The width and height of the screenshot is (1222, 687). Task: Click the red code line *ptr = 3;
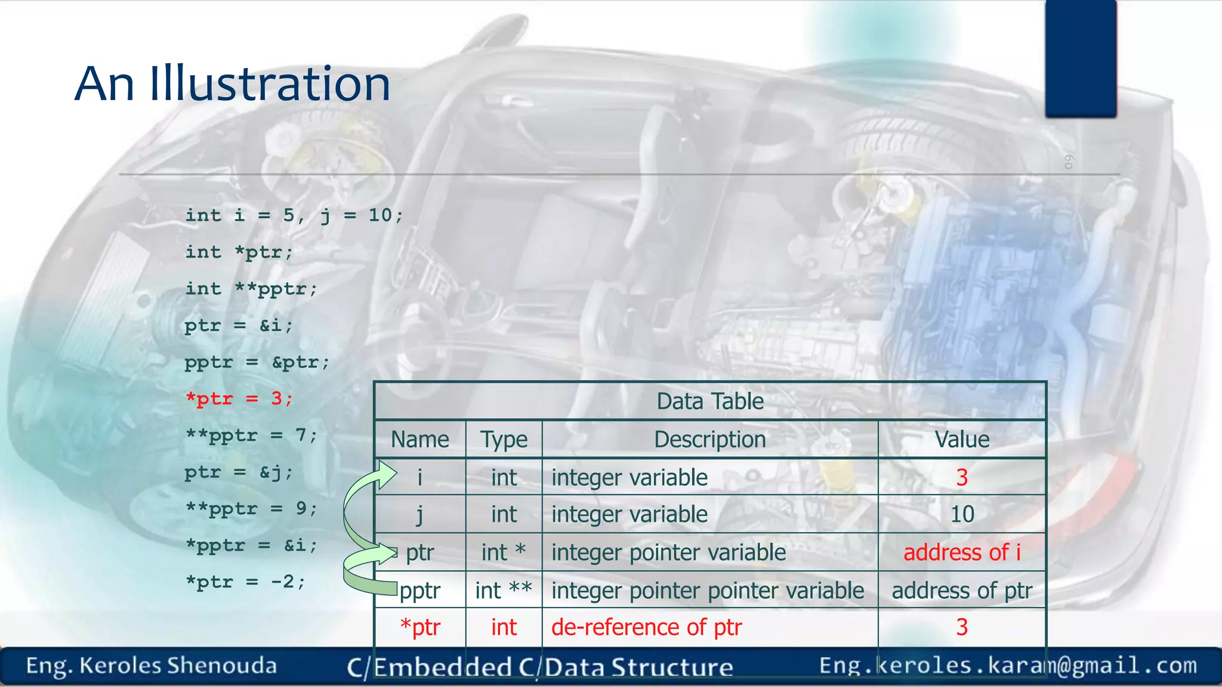point(239,398)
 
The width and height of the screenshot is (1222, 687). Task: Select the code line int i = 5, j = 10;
point(294,215)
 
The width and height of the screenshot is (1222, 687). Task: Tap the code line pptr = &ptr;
point(257,362)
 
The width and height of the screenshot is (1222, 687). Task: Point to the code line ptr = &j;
point(239,472)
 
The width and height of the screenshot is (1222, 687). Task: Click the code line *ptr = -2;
point(245,581)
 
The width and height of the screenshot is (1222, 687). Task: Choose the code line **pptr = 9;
point(251,509)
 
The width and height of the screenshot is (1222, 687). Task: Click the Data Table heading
point(709,401)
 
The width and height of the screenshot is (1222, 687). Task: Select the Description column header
point(709,440)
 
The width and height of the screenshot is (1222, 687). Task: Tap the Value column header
point(961,440)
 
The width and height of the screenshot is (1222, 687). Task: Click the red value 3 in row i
point(961,477)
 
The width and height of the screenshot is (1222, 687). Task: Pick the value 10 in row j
point(962,514)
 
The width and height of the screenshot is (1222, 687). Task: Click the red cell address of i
point(961,552)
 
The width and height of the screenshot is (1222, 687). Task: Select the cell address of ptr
point(961,590)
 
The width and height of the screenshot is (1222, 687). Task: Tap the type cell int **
point(504,590)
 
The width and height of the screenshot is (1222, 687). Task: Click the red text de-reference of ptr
point(646,627)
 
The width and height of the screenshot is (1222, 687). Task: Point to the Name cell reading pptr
point(420,590)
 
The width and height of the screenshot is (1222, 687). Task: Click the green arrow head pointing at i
point(387,475)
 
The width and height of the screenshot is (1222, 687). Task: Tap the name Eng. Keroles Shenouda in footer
point(151,666)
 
